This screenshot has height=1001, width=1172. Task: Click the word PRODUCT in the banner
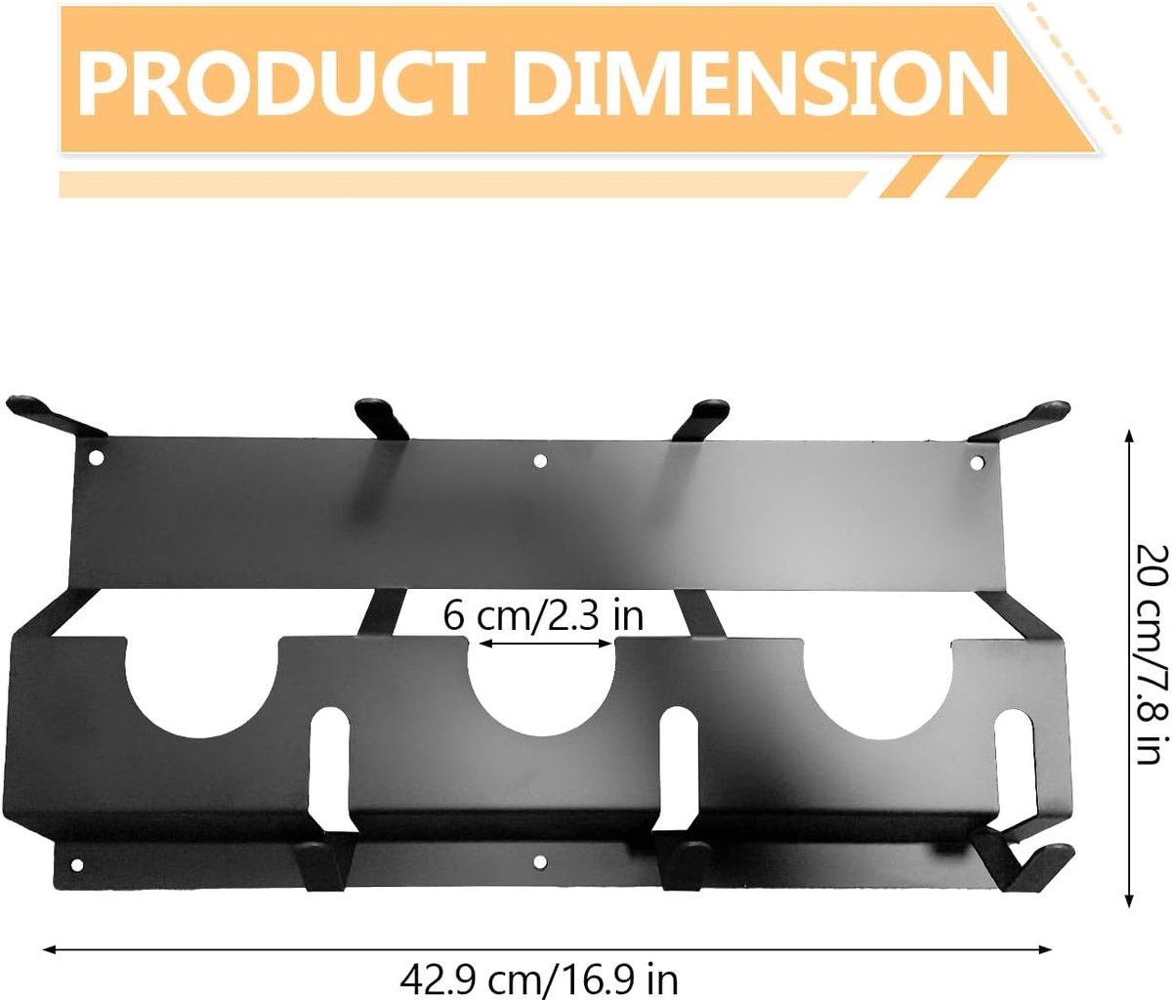tap(281, 82)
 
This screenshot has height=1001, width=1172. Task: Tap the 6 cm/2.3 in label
tap(543, 616)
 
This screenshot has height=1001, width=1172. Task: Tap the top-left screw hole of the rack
tap(97, 458)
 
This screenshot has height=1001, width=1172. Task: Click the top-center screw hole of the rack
tap(540, 461)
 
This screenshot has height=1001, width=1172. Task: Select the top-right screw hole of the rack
tap(976, 464)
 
